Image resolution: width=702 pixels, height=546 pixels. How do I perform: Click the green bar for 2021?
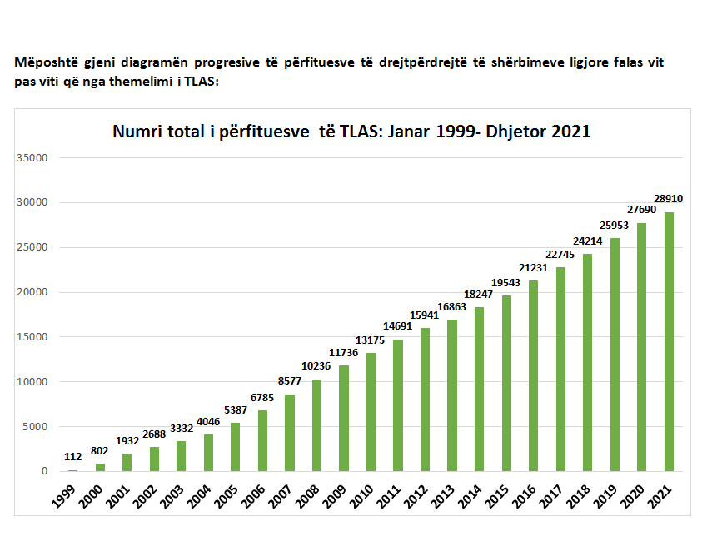click(668, 341)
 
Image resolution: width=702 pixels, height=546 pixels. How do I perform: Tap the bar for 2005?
click(236, 447)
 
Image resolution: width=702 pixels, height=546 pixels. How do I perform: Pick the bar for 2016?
click(533, 375)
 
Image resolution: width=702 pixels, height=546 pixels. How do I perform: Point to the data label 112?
click(73, 456)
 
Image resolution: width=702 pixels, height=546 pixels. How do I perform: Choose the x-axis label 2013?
click(444, 497)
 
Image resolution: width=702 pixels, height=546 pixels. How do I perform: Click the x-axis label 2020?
click(633, 497)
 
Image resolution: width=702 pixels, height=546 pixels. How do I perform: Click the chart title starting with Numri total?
click(351, 131)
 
